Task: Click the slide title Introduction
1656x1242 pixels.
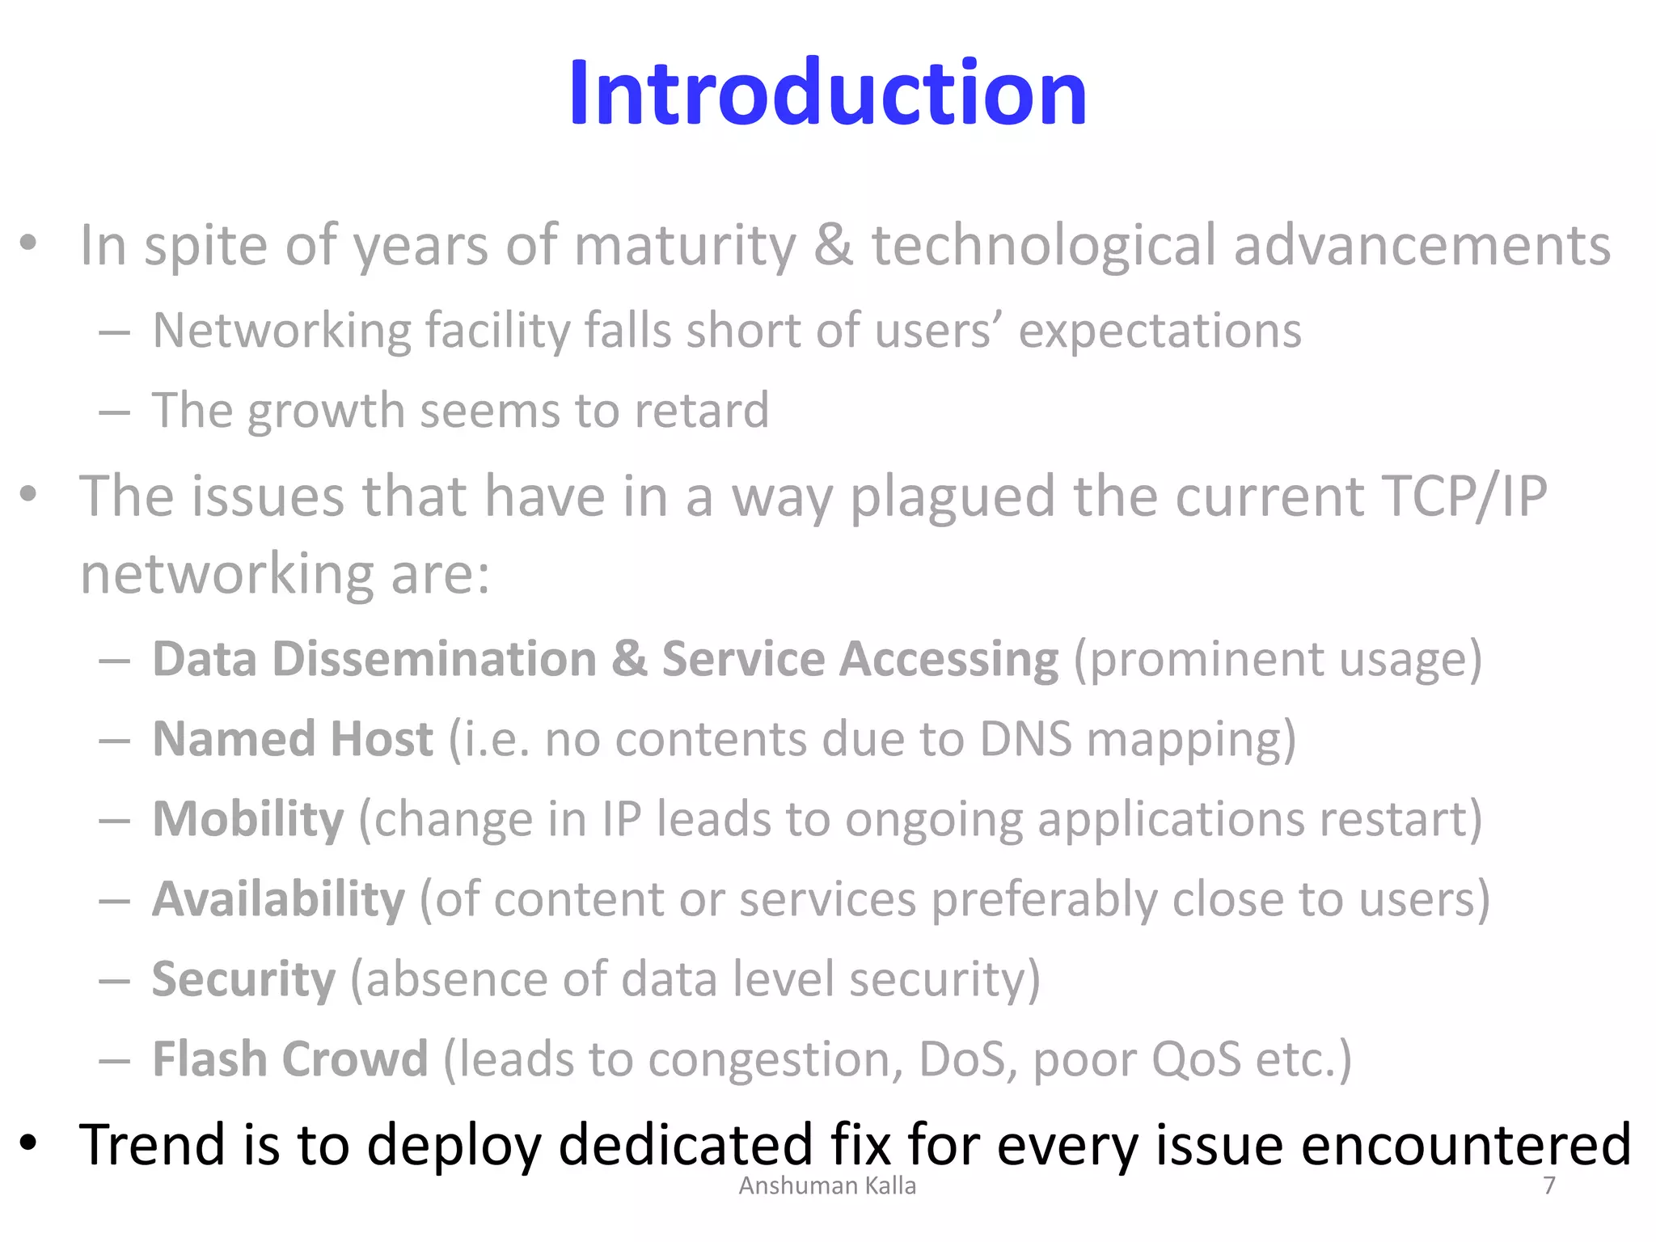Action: [x=827, y=94]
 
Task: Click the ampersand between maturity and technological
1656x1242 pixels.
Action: [x=833, y=245]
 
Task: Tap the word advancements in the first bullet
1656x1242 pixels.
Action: [x=1422, y=245]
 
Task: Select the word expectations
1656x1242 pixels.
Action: [x=1160, y=331]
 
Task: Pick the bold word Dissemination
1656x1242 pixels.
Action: [x=434, y=659]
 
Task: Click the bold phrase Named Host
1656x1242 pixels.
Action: [x=293, y=739]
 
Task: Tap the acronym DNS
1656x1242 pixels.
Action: [x=1025, y=739]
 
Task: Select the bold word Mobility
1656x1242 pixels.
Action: [x=248, y=819]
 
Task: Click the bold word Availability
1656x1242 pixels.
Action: [x=278, y=899]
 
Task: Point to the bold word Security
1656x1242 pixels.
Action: [x=243, y=979]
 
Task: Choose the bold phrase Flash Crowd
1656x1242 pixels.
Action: [x=289, y=1059]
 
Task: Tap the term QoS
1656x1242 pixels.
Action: [x=1196, y=1059]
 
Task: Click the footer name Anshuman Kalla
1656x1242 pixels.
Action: [x=827, y=1185]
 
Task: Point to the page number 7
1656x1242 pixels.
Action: [x=1548, y=1185]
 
